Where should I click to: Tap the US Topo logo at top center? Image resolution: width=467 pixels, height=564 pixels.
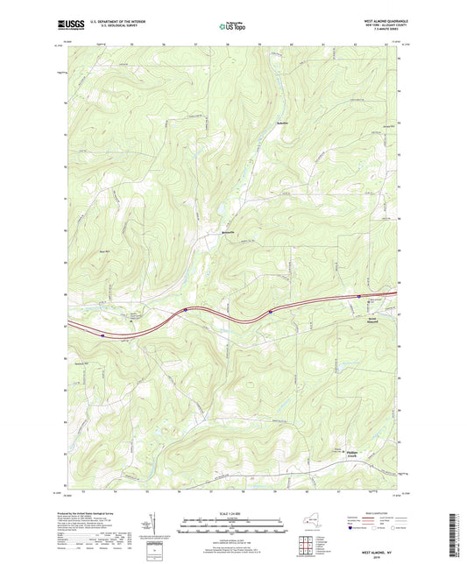coord(233,26)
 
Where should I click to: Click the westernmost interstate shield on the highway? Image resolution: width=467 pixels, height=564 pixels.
coord(103,334)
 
